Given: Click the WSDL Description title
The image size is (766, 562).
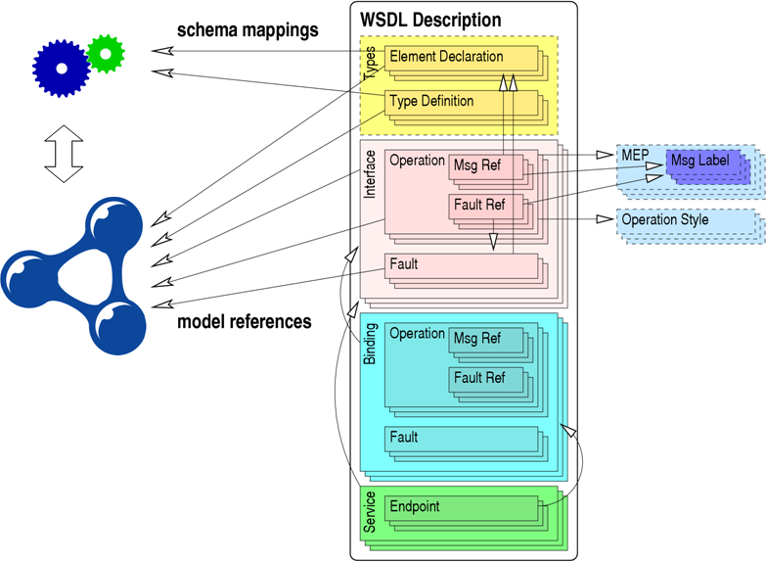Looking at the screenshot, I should pyautogui.click(x=430, y=20).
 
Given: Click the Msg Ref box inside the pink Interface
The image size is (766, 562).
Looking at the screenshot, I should pyautogui.click(x=476, y=166).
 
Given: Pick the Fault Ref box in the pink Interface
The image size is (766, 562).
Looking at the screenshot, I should pyautogui.click(x=479, y=206).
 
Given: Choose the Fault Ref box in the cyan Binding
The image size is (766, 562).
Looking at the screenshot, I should pyautogui.click(x=479, y=379).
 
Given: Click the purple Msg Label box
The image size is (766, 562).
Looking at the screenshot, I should pyautogui.click(x=700, y=161).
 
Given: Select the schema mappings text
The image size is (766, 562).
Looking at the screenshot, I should pyautogui.click(x=248, y=30).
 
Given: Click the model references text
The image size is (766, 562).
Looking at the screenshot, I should pyautogui.click(x=244, y=321).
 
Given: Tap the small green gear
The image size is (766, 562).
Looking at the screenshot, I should pyautogui.click(x=105, y=55).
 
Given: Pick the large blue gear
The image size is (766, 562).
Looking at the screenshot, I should pyautogui.click(x=61, y=68).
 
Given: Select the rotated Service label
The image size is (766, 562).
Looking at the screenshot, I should pyautogui.click(x=370, y=513).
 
